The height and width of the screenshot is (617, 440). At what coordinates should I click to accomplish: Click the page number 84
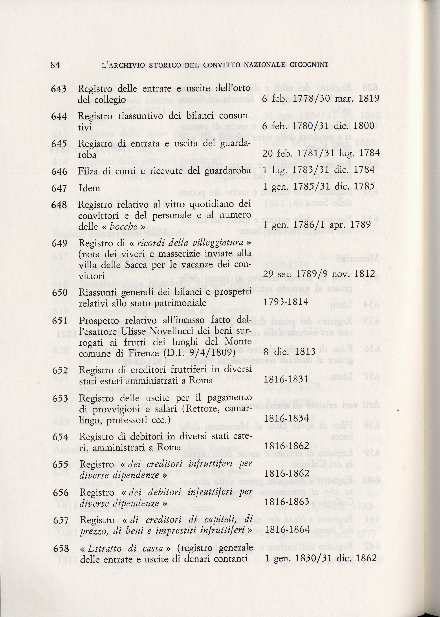pyautogui.click(x=55, y=65)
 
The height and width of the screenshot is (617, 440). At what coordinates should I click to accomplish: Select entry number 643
pyautogui.click(x=59, y=89)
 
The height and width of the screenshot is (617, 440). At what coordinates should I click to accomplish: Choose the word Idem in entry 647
pyautogui.click(x=89, y=188)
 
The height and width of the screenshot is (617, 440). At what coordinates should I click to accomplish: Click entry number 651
pyautogui.click(x=60, y=321)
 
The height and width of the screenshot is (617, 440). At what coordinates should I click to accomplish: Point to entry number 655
pyautogui.click(x=60, y=464)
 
